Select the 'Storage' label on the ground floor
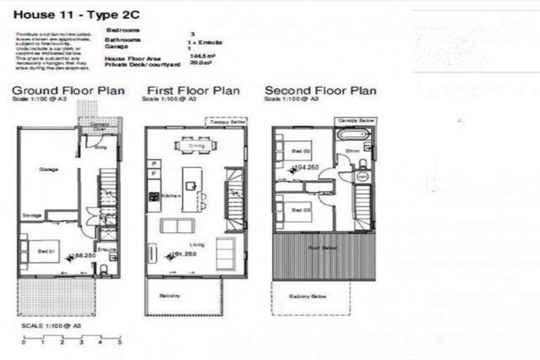click(x=32, y=215)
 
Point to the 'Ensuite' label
click(x=107, y=249)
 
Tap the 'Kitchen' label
click(x=172, y=195)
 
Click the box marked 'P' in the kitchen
click(x=153, y=163)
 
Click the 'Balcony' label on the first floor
click(x=172, y=295)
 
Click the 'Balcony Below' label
click(x=308, y=296)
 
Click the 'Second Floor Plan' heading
click(x=320, y=91)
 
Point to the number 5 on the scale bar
click(x=120, y=342)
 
